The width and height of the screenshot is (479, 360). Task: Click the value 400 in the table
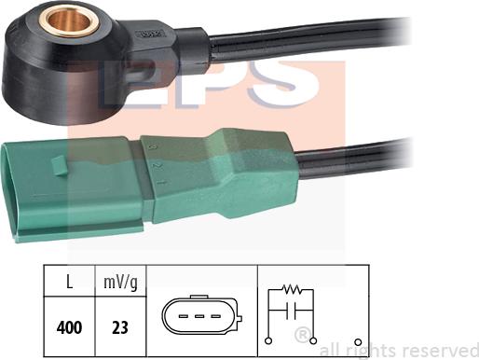click(70, 327)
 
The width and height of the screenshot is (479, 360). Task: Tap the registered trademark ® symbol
click(301, 334)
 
